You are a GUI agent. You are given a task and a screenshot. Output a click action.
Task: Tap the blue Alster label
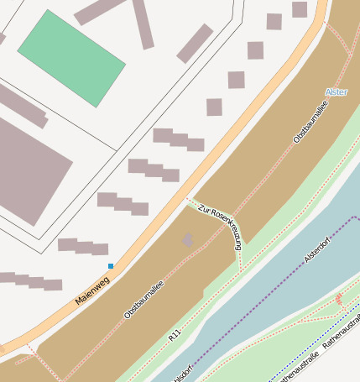[335, 92]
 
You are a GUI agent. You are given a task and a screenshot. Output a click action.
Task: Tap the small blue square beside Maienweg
[110, 266]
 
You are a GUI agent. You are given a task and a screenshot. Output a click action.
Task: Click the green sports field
[71, 57]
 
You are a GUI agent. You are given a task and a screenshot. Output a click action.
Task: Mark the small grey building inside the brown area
[187, 241]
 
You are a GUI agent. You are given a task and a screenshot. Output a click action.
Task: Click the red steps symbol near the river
[338, 300]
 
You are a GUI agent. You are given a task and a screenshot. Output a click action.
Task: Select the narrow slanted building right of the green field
[195, 43]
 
